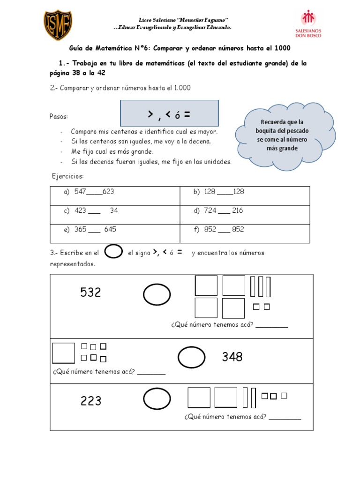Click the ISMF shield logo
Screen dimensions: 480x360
(x=58, y=26)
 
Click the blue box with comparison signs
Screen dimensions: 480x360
(x=169, y=113)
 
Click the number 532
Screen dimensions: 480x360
(x=90, y=292)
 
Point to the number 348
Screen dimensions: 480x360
(x=232, y=357)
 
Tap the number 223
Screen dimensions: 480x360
(x=91, y=401)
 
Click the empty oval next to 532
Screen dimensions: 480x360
(x=157, y=295)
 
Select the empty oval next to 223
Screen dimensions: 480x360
(x=157, y=399)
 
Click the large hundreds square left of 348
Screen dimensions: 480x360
(x=63, y=353)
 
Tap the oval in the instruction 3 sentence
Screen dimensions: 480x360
(x=113, y=252)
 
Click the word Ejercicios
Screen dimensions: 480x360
(x=67, y=176)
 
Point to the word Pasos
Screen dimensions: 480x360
(x=59, y=116)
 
